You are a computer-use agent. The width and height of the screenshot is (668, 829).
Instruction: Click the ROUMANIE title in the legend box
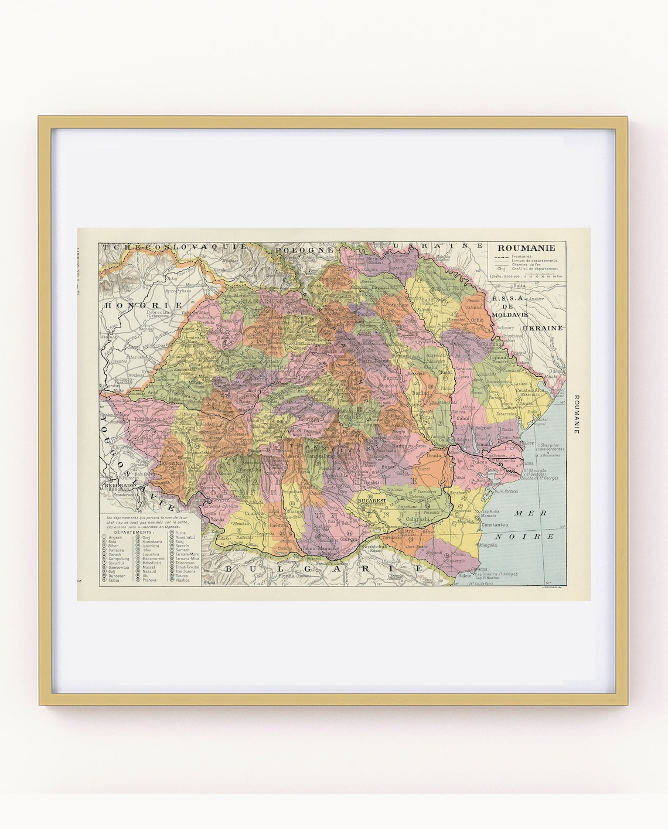526,248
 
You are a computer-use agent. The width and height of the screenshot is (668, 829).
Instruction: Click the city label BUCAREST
372,501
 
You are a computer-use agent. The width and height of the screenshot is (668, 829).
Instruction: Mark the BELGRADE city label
120,486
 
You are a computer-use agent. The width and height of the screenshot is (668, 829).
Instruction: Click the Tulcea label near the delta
480,462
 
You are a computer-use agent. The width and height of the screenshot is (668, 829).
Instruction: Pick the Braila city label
433,455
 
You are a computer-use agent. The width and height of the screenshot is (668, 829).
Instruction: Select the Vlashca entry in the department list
182,580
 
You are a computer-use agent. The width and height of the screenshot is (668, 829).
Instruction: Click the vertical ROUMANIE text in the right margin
576,414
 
